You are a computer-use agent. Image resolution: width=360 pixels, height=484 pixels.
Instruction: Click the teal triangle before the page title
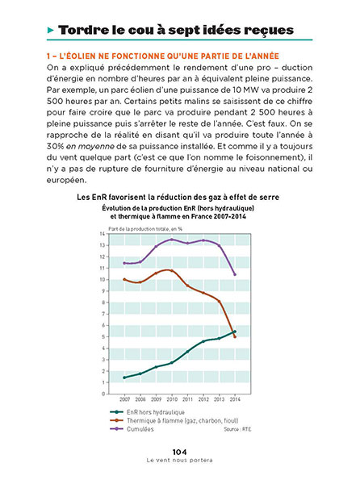tap(51, 31)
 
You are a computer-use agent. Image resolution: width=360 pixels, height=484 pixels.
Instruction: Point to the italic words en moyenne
tap(90, 146)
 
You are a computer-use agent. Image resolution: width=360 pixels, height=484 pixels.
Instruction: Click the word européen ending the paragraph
tap(66, 180)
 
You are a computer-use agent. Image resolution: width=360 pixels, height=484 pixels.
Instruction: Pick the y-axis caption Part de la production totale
tap(145, 229)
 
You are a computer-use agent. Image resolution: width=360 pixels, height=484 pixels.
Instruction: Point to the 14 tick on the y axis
tap(103, 234)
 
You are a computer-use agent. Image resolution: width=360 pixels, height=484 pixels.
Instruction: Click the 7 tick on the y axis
tap(103, 314)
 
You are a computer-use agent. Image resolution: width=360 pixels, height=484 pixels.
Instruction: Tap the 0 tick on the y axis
tap(103, 394)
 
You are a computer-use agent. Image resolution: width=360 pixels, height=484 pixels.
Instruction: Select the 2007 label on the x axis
tap(125, 399)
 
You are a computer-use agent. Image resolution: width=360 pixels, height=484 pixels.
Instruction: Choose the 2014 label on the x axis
tap(235, 399)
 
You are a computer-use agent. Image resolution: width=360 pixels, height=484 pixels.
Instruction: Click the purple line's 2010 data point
tap(172, 240)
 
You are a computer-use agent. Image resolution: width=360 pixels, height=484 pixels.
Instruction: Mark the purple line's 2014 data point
tap(235, 274)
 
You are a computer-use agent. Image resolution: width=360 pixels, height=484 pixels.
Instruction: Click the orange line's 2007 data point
tap(124, 279)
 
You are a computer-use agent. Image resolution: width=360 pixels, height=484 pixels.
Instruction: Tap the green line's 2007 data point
tap(124, 378)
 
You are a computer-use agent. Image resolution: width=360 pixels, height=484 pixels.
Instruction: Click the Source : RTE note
tap(238, 429)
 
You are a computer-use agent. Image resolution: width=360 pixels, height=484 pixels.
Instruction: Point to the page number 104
tap(179, 453)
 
